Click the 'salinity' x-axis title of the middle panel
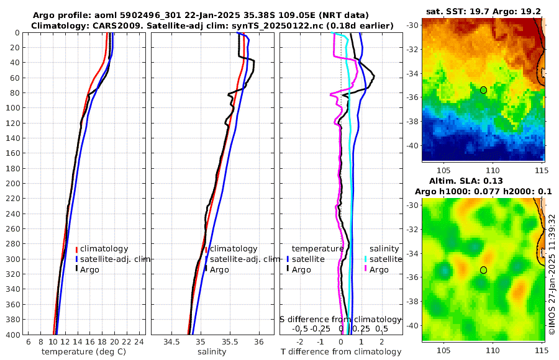[x=211, y=352]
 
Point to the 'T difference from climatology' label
[x=340, y=352]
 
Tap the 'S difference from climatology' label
[x=340, y=318]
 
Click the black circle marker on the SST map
[x=483, y=90]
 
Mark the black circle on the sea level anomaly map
[x=483, y=270]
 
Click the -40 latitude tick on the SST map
[x=412, y=146]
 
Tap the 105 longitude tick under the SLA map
[x=444, y=349]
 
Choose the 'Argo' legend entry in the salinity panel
[x=219, y=269]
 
